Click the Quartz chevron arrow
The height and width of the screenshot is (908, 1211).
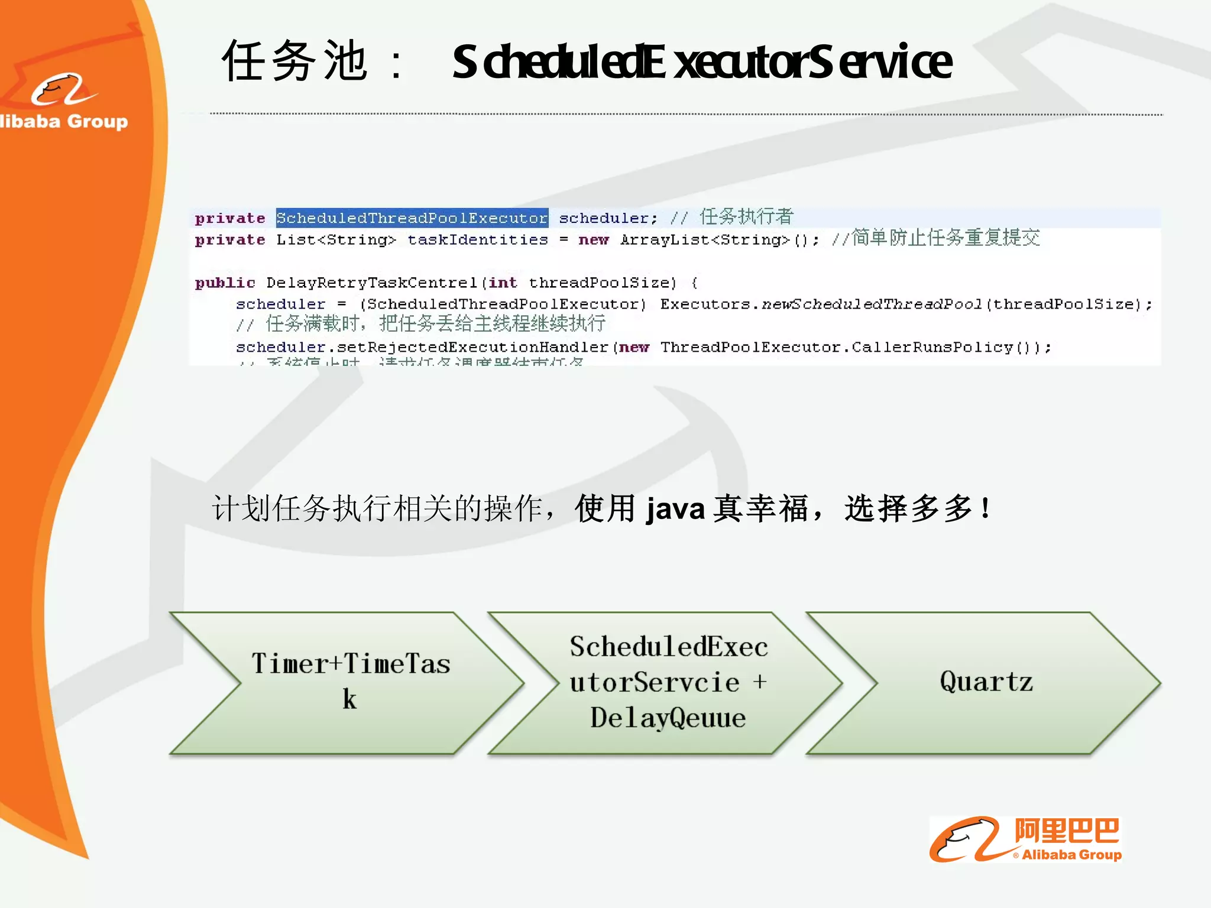point(986,682)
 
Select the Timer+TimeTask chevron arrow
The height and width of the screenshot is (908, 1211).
point(351,682)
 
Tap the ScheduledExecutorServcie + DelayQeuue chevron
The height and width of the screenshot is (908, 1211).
point(668,682)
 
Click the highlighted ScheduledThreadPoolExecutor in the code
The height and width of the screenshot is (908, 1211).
point(412,218)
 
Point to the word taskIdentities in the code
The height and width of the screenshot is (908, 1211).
point(478,240)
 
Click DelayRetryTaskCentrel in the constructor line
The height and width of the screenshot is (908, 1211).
point(371,283)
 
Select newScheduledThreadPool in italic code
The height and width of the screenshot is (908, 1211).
point(872,304)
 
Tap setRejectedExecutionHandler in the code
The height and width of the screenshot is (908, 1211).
point(472,347)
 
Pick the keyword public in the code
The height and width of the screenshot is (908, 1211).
point(225,283)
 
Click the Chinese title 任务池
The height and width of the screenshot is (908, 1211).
point(294,61)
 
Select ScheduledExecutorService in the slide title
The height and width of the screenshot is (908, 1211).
point(702,63)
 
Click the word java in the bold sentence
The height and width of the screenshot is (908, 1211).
point(675,509)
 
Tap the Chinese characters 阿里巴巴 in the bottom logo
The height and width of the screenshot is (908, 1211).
point(1067,831)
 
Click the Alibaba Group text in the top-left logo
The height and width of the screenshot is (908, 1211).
point(64,121)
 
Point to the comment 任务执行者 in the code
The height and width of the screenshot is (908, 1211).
point(746,217)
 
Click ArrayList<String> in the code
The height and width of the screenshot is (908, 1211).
point(705,240)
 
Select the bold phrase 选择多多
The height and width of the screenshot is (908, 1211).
point(908,508)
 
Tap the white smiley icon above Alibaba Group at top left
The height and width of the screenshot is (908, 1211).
point(62,90)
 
